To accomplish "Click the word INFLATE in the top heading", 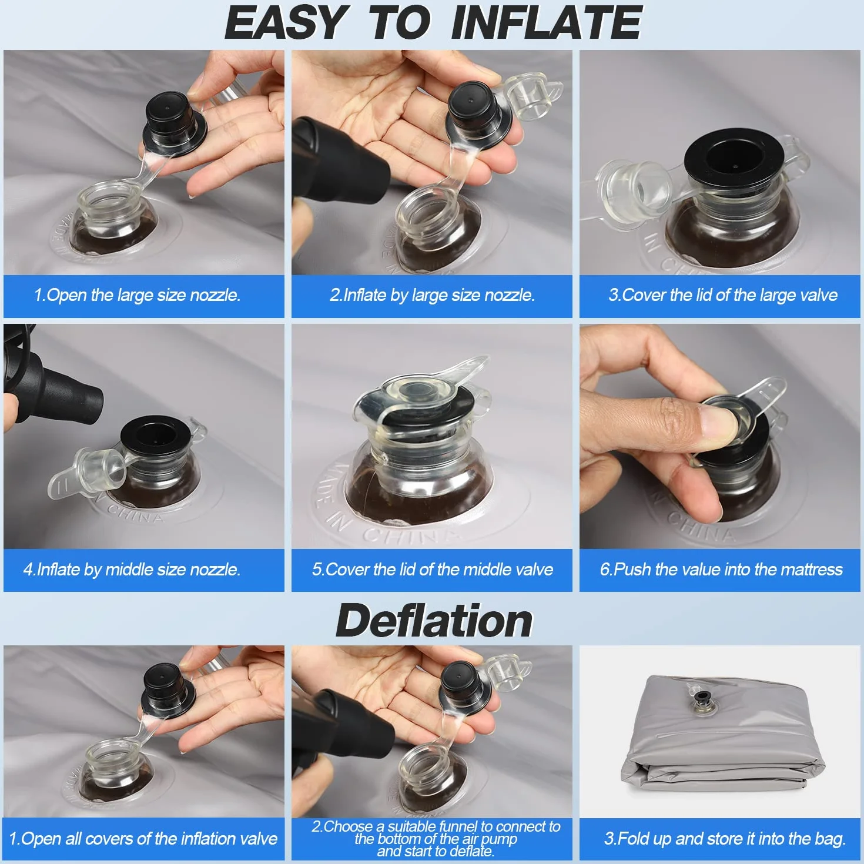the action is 547,22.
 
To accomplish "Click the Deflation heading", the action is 434,621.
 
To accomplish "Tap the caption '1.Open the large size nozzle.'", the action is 137,295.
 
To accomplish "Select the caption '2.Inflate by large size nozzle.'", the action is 432,295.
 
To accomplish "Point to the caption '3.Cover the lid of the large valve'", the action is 723,295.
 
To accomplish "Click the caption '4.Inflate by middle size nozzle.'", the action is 132,570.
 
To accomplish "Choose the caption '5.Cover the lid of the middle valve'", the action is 432,570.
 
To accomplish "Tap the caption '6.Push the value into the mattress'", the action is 721,570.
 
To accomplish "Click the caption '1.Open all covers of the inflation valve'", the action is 143,839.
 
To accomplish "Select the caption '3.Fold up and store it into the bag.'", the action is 725,839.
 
